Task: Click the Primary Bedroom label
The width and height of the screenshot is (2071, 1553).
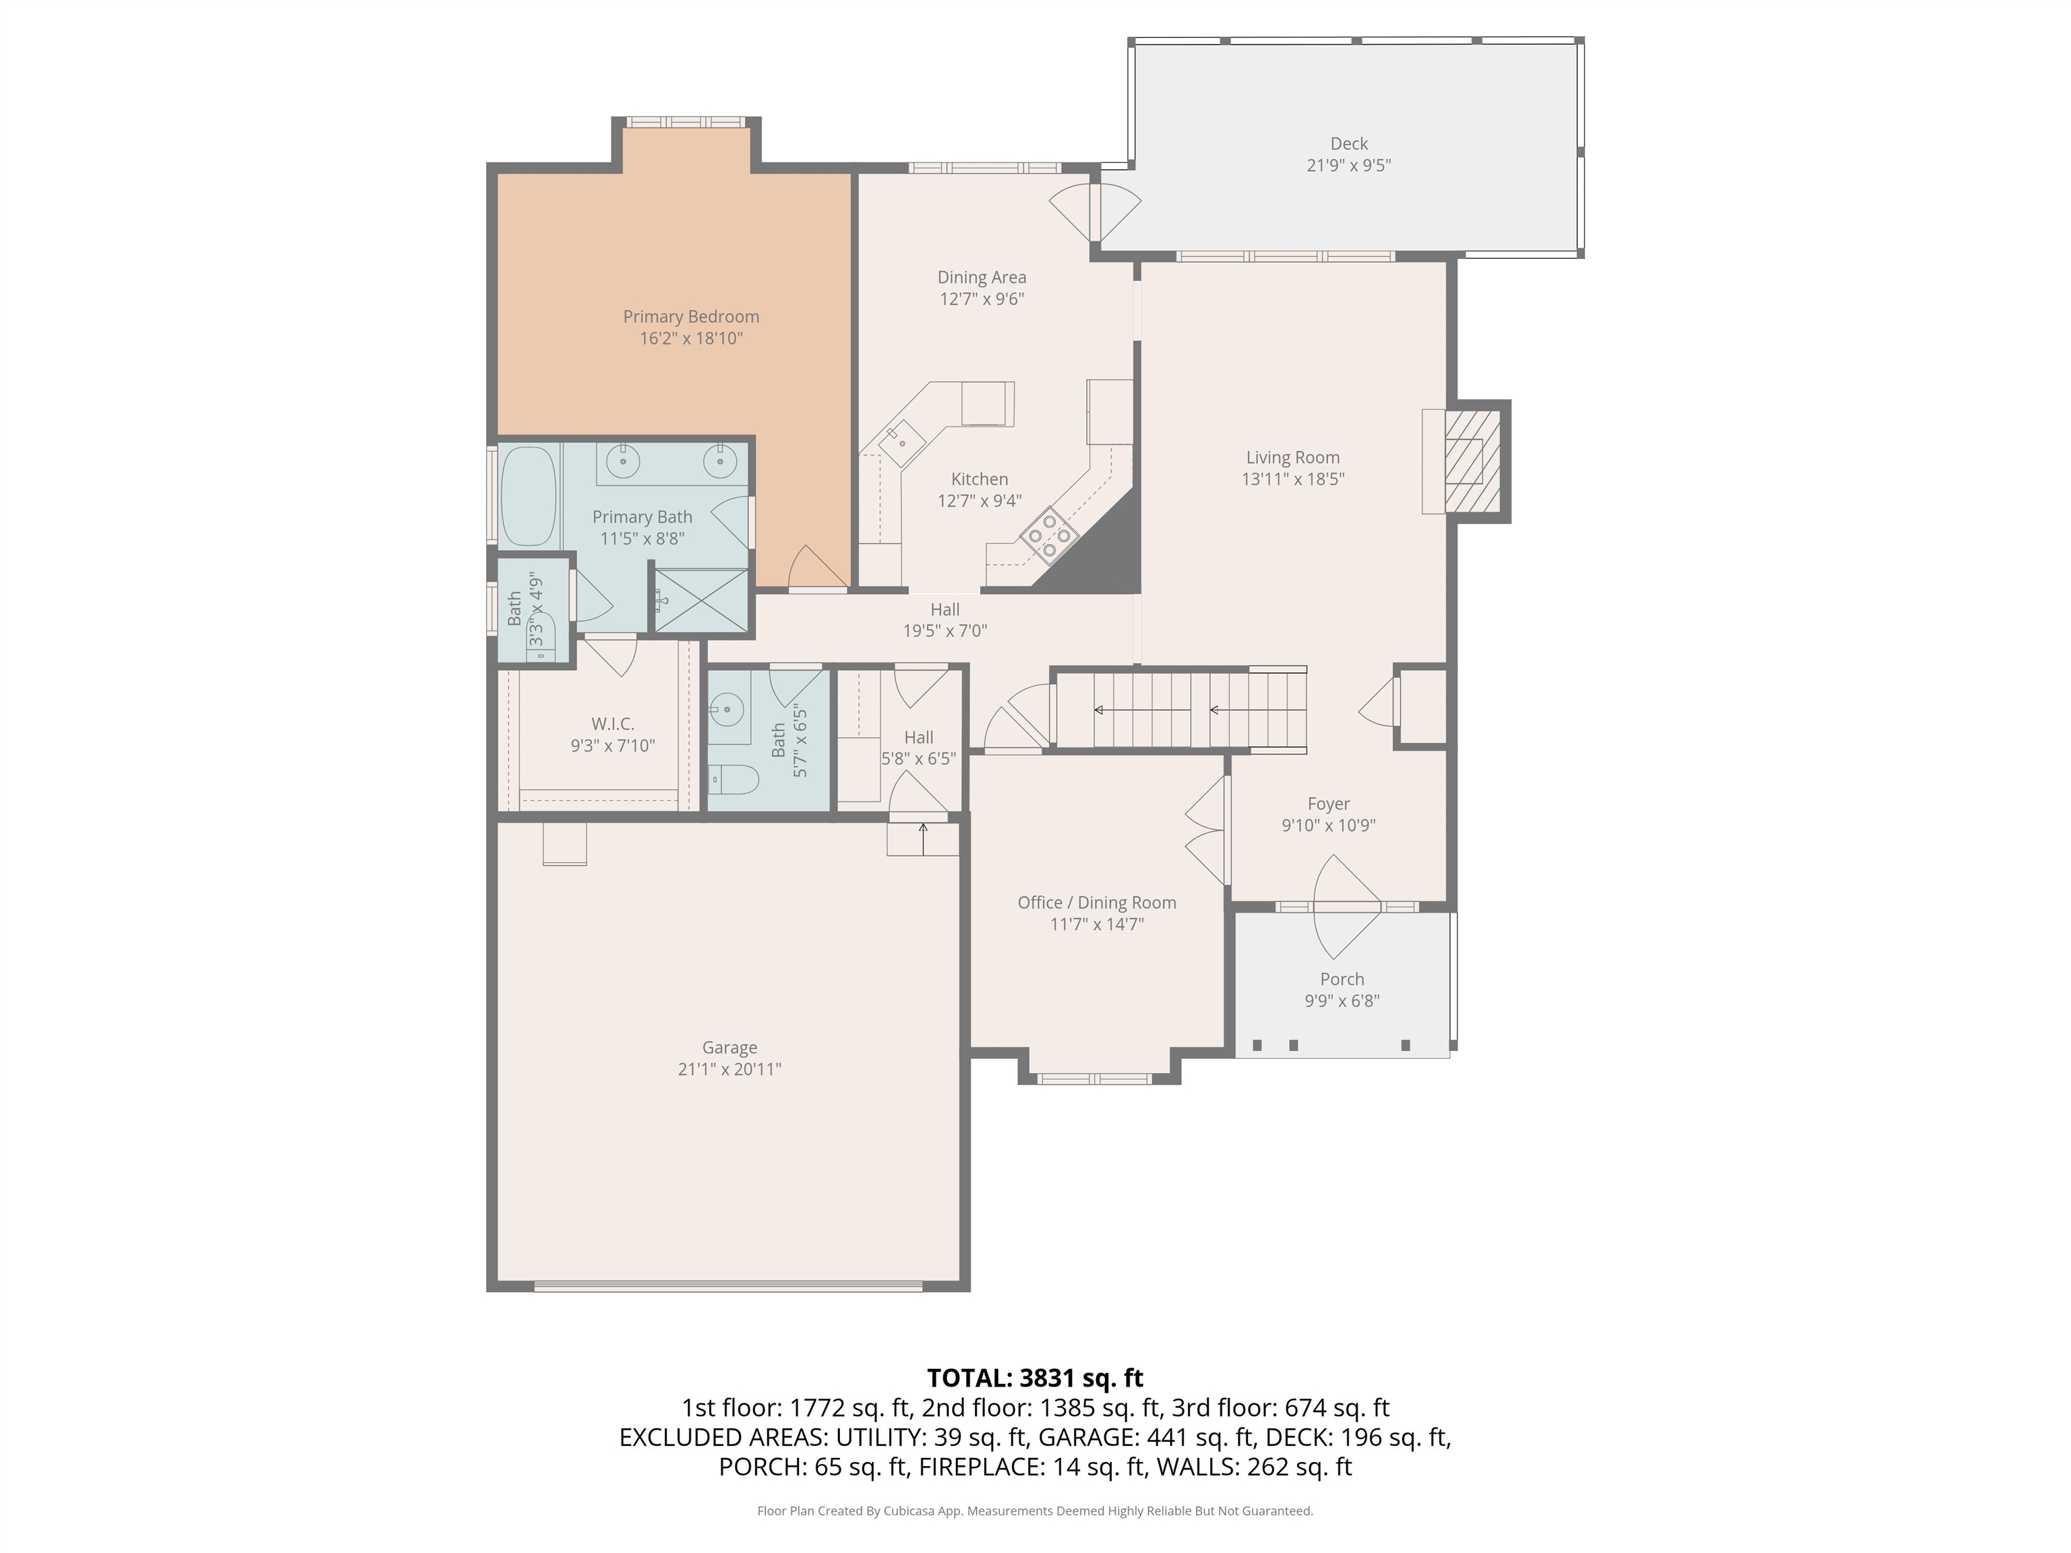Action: [691, 316]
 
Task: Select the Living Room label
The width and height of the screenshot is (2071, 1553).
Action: [1292, 457]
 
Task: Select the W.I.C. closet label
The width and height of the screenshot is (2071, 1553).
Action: [612, 724]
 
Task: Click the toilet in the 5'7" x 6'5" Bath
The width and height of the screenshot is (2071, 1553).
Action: [732, 779]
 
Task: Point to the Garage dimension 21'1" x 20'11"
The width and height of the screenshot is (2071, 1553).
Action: [729, 1069]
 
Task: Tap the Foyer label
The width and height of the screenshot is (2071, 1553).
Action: [1329, 803]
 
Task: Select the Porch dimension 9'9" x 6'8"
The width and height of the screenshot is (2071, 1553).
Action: [1342, 1001]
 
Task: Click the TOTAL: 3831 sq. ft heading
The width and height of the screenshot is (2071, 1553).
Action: [1035, 1378]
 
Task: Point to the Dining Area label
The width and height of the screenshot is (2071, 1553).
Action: [981, 277]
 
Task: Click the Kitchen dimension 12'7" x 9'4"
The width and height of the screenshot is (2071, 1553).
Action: [980, 501]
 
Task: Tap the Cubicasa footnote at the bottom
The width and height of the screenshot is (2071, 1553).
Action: [1035, 1511]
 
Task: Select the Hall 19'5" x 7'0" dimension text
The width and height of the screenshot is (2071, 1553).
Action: [944, 631]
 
